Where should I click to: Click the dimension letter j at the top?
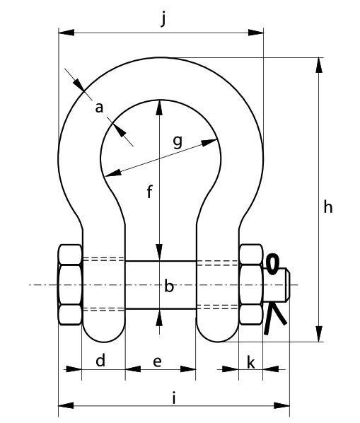pyautogui.click(x=163, y=19)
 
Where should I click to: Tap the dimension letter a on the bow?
pyautogui.click(x=99, y=108)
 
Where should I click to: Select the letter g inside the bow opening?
pyautogui.click(x=178, y=141)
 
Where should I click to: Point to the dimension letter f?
pyautogui.click(x=150, y=192)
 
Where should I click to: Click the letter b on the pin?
pyautogui.click(x=169, y=286)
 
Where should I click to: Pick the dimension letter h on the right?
pyautogui.click(x=328, y=207)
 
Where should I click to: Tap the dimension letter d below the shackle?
pyautogui.click(x=100, y=360)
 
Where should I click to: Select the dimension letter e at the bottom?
pyautogui.click(x=157, y=361)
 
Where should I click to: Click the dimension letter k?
pyautogui.click(x=251, y=362)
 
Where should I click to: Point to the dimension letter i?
pyautogui.click(x=174, y=398)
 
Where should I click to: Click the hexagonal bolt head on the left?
pyautogui.click(x=70, y=284)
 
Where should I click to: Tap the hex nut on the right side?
pyautogui.click(x=251, y=284)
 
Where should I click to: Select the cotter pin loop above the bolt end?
pyautogui.click(x=272, y=264)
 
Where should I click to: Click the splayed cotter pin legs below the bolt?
pyautogui.click(x=273, y=318)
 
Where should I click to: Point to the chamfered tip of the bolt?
pyautogui.click(x=288, y=284)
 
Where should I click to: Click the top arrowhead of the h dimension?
pyautogui.click(x=319, y=65)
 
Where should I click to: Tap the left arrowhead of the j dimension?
pyautogui.click(x=66, y=33)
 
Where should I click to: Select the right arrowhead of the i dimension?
pyautogui.click(x=281, y=405)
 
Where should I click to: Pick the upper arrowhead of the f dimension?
pyautogui.click(x=159, y=108)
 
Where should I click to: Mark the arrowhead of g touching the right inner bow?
pyautogui.click(x=209, y=142)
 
